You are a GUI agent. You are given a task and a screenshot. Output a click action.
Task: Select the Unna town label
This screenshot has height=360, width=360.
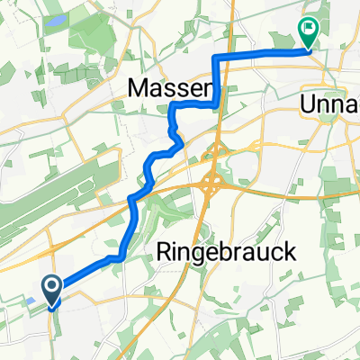(x=328, y=104)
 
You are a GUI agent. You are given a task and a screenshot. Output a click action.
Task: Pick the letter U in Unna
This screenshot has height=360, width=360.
(x=307, y=104)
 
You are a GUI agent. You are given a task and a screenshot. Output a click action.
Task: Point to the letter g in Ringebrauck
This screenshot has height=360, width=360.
(x=204, y=256)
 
